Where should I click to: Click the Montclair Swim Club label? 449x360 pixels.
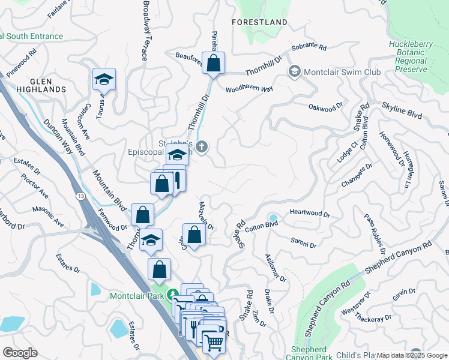(343, 72)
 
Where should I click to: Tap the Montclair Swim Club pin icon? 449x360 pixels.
(295, 72)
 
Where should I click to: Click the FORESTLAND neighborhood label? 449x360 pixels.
(259, 22)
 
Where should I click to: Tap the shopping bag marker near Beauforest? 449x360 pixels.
(213, 63)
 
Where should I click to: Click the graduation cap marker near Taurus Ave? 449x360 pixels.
(104, 80)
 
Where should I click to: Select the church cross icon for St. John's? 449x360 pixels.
(202, 146)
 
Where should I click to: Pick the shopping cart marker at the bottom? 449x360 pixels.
(213, 343)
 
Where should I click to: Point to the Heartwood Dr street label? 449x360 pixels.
(310, 214)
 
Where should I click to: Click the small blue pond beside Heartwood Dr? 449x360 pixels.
(274, 218)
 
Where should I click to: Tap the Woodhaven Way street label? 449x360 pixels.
(249, 89)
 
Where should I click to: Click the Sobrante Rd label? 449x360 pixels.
(309, 47)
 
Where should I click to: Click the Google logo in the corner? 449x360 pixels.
(20, 353)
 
